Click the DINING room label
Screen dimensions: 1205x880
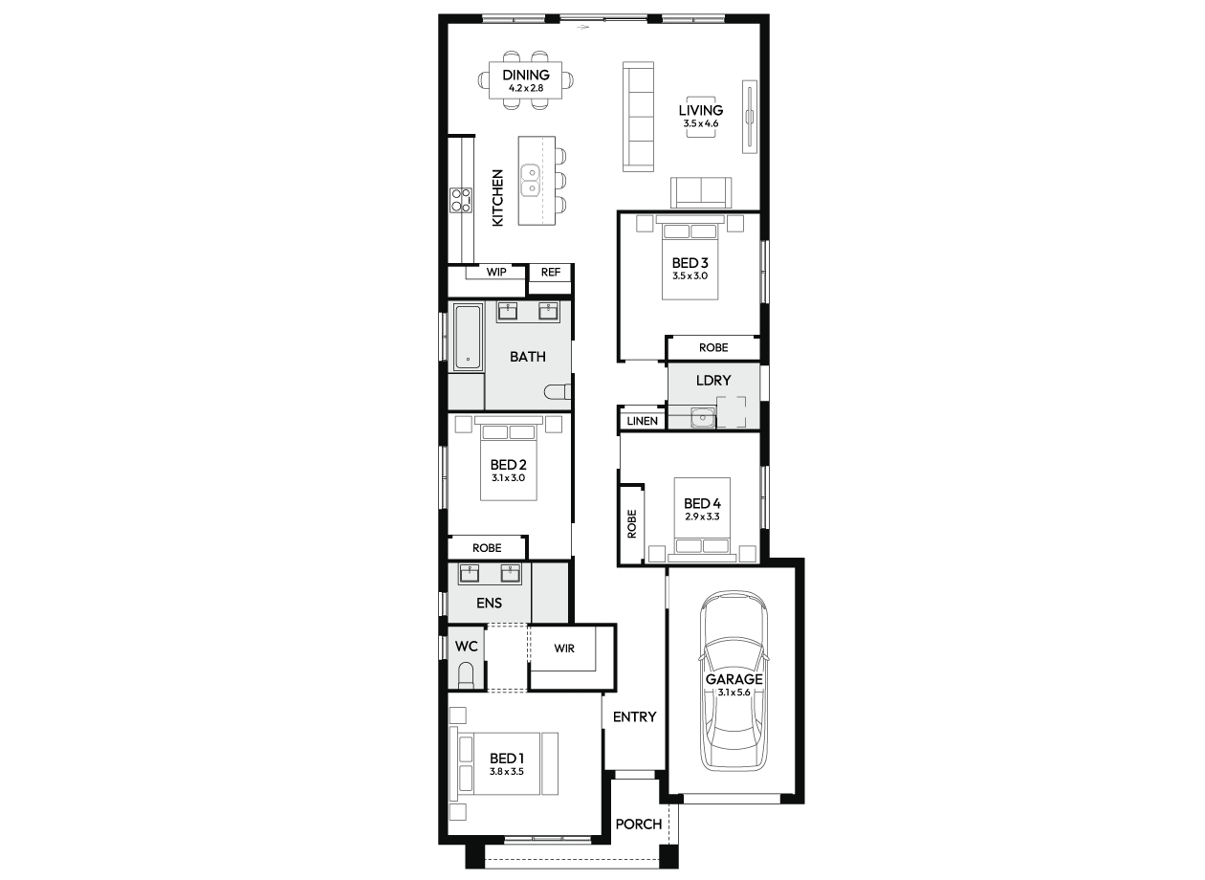[x=526, y=75]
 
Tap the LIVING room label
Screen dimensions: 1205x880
[x=700, y=110]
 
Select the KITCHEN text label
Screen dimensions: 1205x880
[x=497, y=197]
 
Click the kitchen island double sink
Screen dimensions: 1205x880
[x=531, y=180]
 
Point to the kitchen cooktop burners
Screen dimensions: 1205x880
[x=461, y=200]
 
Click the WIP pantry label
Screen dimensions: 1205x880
[x=496, y=272]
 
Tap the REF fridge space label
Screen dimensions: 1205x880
[x=550, y=273]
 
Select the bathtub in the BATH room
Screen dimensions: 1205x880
[x=468, y=338]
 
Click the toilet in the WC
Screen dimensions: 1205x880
[x=466, y=675]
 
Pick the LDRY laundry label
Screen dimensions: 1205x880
[x=713, y=381]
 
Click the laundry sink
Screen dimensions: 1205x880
[x=703, y=417]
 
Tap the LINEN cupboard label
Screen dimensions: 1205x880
[x=643, y=421]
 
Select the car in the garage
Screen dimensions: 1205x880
[x=734, y=681]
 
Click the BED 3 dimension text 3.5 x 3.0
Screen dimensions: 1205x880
[x=690, y=275]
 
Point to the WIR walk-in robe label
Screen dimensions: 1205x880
[x=564, y=649]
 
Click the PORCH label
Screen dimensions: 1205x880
[x=639, y=825]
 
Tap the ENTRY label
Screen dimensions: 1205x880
[x=635, y=716]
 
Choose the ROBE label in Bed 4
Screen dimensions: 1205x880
[x=632, y=523]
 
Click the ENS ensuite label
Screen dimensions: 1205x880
[x=489, y=603]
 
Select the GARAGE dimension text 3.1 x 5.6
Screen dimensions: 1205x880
[x=734, y=693]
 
